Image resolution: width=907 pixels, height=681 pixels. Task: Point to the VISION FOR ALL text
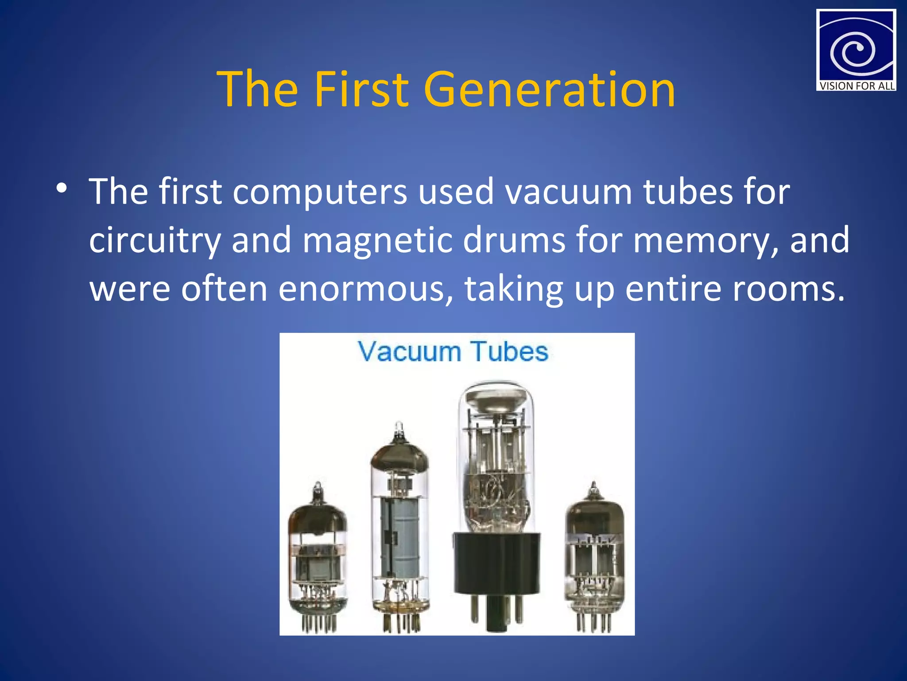point(857,86)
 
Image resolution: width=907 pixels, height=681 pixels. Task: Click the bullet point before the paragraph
point(62,189)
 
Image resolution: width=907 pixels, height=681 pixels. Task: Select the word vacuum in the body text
point(569,192)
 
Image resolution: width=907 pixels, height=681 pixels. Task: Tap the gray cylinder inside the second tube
point(400,536)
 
